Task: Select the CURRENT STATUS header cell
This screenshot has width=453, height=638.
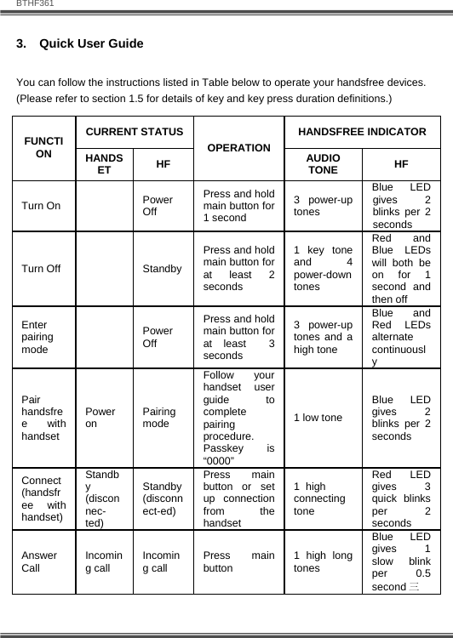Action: pos(135,132)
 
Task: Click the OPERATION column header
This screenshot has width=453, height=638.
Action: pos(239,148)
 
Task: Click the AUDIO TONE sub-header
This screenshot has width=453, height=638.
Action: pos(324,163)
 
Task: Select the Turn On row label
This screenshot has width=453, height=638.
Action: pos(41,206)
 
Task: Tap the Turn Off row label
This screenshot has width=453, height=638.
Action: pos(41,269)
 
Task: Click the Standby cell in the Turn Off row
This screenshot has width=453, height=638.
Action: pos(161,269)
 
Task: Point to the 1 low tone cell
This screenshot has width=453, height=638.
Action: pos(318,417)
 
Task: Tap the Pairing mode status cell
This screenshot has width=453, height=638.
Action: pos(158,417)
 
